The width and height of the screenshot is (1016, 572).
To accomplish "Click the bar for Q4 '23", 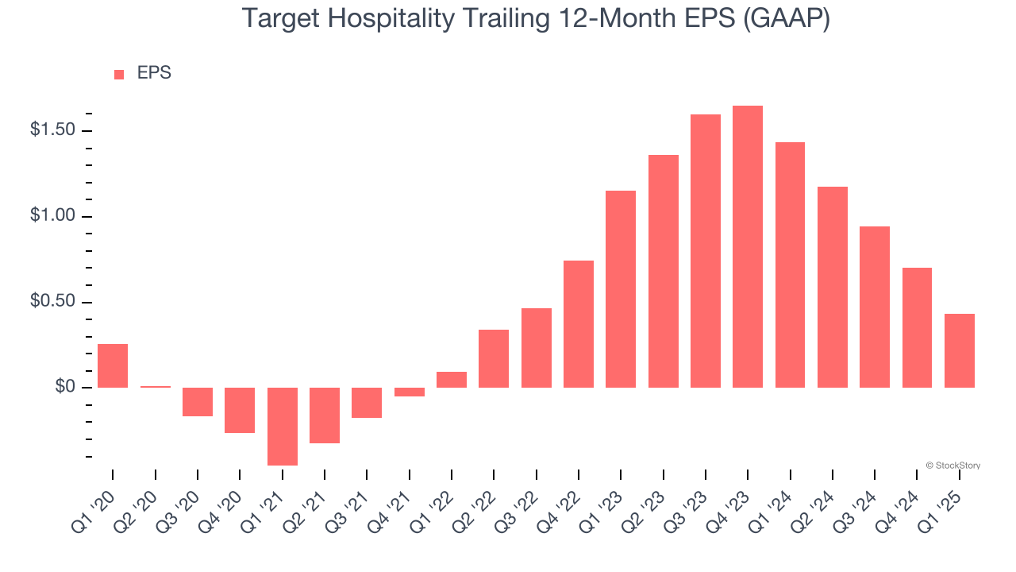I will (748, 246).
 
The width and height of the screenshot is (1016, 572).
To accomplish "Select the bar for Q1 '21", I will (282, 426).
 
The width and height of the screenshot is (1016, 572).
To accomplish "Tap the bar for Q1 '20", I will (113, 365).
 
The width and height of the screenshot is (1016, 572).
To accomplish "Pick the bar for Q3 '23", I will (706, 251).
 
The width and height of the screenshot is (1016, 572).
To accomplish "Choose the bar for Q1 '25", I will (960, 350).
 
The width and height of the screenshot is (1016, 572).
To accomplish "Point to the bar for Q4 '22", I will (579, 324).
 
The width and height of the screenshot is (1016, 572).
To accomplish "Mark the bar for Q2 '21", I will (325, 415).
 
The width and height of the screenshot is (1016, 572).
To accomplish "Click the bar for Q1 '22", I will (452, 380).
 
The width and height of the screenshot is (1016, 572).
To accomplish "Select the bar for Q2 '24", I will (833, 287).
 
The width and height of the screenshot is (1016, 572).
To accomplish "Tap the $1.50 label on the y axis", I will (52, 130).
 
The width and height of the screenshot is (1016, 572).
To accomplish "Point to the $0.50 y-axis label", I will (52, 302).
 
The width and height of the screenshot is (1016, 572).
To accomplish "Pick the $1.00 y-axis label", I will (52, 216).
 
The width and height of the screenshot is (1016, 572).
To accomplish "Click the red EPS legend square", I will (119, 74).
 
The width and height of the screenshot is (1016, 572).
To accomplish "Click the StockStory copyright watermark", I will (953, 466).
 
